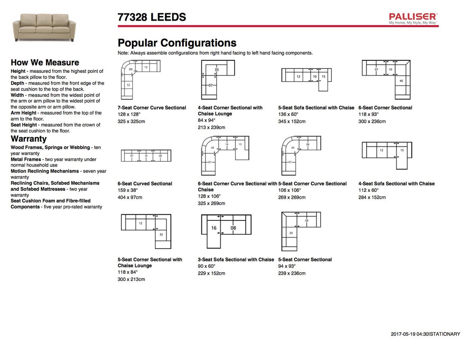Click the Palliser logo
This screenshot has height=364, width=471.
(413, 18)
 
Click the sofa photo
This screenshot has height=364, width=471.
(44, 27)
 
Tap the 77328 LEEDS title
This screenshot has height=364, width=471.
(152, 17)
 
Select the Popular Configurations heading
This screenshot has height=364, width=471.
(177, 43)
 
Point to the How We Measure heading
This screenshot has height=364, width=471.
(45, 63)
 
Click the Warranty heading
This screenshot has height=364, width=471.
(29, 139)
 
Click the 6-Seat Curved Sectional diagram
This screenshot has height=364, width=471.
(145, 156)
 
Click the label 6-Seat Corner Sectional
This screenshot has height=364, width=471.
(385, 108)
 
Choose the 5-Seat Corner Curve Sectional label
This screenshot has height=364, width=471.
(312, 184)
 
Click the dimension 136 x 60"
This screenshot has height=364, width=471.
(288, 114)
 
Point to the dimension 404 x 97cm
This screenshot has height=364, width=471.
(130, 197)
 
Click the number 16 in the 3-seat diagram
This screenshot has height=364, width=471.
(214, 228)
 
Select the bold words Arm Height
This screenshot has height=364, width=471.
(24, 113)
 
